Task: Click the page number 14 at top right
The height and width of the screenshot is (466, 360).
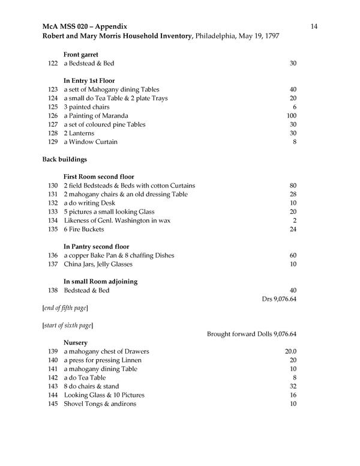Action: click(x=314, y=26)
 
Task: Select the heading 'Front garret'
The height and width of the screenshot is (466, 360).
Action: click(x=81, y=54)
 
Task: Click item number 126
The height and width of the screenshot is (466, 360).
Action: click(x=52, y=116)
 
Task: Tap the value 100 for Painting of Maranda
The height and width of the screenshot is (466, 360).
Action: click(x=292, y=116)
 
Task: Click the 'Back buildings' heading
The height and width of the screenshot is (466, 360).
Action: click(x=65, y=159)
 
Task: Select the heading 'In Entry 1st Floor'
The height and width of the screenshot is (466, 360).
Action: click(x=89, y=80)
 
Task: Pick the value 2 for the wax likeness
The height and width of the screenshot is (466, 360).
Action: click(x=295, y=220)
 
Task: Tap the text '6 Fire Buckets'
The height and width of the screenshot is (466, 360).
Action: click(x=83, y=229)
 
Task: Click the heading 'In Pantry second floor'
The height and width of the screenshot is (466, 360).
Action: click(x=96, y=247)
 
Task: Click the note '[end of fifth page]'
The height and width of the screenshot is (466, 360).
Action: click(x=65, y=308)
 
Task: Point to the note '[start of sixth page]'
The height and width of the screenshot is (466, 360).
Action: click(x=67, y=325)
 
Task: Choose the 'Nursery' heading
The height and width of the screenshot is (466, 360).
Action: click(x=76, y=342)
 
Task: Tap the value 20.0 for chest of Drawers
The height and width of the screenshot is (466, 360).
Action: click(x=290, y=351)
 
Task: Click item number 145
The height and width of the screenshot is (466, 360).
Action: click(x=52, y=404)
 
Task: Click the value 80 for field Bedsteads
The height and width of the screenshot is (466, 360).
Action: click(x=293, y=186)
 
